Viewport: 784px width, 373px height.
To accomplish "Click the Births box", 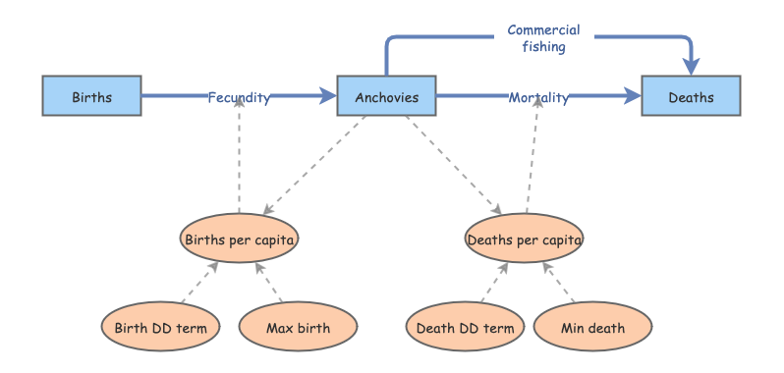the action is pyautogui.click(x=92, y=96).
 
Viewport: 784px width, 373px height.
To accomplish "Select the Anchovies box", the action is pyautogui.click(x=386, y=96).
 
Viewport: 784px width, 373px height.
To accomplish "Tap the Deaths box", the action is pyautogui.click(x=691, y=96).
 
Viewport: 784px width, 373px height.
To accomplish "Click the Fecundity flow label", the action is pyautogui.click(x=239, y=97).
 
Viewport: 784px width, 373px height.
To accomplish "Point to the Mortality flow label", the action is pyautogui.click(x=538, y=97).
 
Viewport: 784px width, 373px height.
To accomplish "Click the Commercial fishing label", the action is pyautogui.click(x=544, y=38).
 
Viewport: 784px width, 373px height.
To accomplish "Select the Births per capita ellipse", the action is pyautogui.click(x=240, y=239).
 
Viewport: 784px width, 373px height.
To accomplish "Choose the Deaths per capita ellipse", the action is pyautogui.click(x=525, y=239).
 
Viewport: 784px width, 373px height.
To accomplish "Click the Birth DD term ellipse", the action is pyautogui.click(x=160, y=327).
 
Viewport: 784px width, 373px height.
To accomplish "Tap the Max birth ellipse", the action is pyautogui.click(x=299, y=327).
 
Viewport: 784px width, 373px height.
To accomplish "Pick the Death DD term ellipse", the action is pyautogui.click(x=465, y=327).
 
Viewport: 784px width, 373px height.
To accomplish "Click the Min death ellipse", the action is pyautogui.click(x=593, y=327).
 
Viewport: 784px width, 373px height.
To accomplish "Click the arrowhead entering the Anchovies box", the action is pyautogui.click(x=327, y=96).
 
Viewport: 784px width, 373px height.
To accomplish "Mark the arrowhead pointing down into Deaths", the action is pyautogui.click(x=691, y=67).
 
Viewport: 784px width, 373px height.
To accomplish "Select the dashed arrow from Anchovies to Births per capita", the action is pyautogui.click(x=314, y=165).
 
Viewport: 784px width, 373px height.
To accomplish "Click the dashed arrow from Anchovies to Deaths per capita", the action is pyautogui.click(x=454, y=165).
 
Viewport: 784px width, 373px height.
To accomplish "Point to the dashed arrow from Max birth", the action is pyautogui.click(x=268, y=282).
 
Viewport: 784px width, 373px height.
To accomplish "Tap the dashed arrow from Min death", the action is pyautogui.click(x=558, y=282).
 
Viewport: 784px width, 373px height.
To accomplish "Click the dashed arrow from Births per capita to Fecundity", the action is pyautogui.click(x=240, y=155).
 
